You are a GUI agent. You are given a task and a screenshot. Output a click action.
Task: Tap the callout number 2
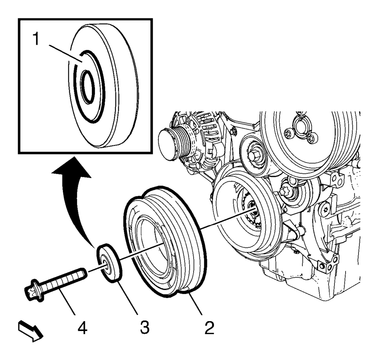pos(209,327)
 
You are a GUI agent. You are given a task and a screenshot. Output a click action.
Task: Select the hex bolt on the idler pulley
pos(253,155)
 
